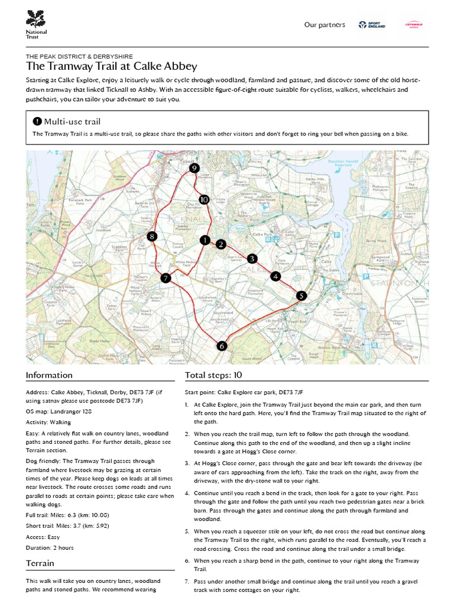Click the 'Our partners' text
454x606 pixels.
pyautogui.click(x=325, y=25)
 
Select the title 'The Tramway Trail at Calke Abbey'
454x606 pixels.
pyautogui.click(x=112, y=66)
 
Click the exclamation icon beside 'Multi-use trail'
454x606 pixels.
pyautogui.click(x=37, y=121)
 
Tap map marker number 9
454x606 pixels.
pyautogui.click(x=194, y=169)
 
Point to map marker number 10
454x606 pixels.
pyautogui.click(x=204, y=199)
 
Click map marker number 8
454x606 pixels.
pyautogui.click(x=152, y=237)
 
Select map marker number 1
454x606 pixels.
pyautogui.click(x=205, y=240)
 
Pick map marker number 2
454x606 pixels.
pyautogui.click(x=220, y=244)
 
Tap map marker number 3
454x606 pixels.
pyautogui.click(x=252, y=259)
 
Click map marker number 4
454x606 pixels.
pyautogui.click(x=275, y=276)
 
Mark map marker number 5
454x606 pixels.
pyautogui.click(x=301, y=296)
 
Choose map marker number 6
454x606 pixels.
pyautogui.click(x=222, y=346)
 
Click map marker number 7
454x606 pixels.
pyautogui.click(x=166, y=278)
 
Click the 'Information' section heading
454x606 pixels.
pyautogui.click(x=49, y=375)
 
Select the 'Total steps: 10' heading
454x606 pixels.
pyautogui.click(x=213, y=375)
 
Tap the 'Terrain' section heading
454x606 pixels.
pyautogui.click(x=40, y=563)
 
